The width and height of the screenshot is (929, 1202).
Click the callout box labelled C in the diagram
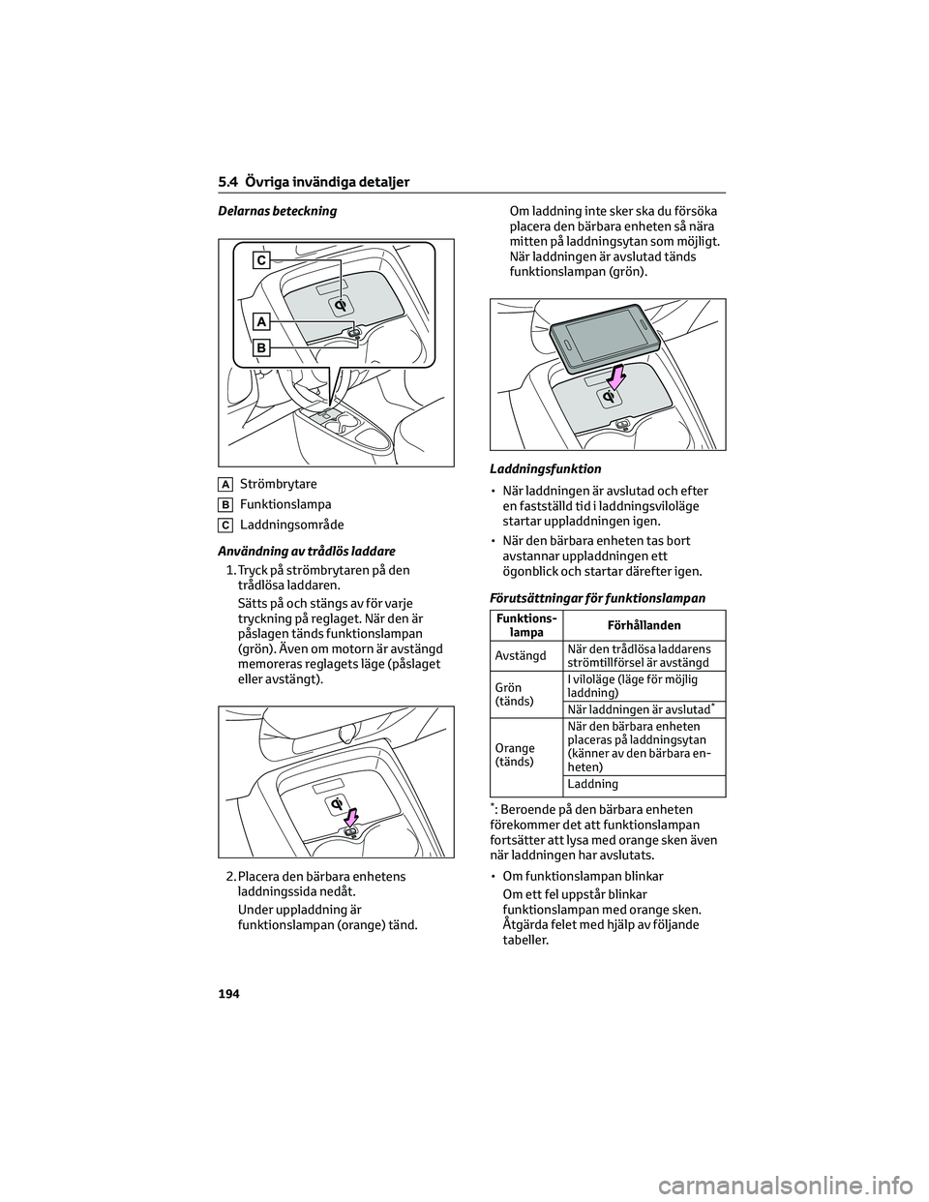coord(262,259)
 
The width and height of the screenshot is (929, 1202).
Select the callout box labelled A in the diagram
coord(262,320)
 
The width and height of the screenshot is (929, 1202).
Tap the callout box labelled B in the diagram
coord(262,347)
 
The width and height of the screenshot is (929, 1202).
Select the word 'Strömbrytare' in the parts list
coord(278,484)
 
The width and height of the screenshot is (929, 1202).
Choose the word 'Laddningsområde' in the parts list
coord(291,526)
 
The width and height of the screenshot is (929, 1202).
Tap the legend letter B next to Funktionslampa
coord(225,505)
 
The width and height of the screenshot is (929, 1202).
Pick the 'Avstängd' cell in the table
coord(521,655)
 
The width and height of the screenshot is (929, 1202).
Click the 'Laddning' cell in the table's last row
coord(593,784)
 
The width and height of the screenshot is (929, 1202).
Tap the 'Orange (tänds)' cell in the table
coord(515,755)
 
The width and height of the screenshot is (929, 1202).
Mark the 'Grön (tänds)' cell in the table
coord(514,694)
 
